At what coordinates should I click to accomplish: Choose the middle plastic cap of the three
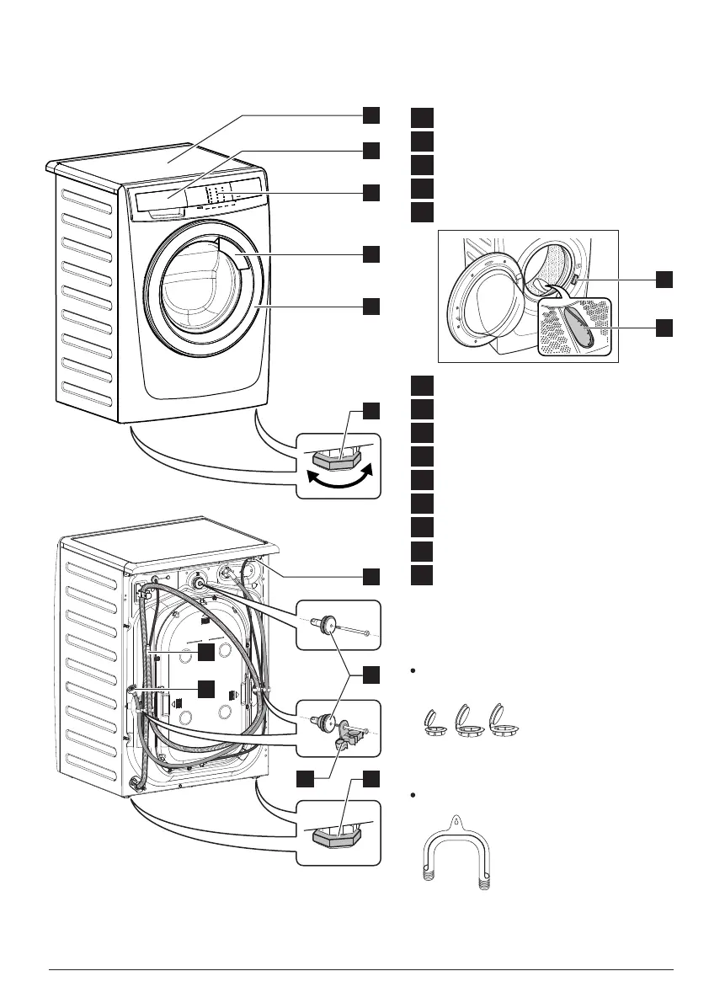coord(466,724)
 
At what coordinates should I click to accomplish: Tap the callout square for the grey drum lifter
coord(664,327)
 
